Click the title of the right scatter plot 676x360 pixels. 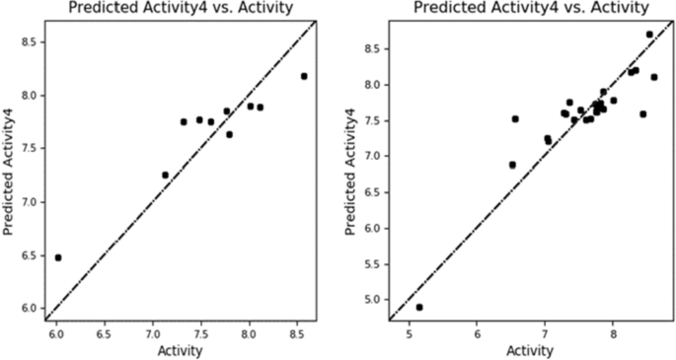[530, 8]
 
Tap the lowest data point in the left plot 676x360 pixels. [57, 257]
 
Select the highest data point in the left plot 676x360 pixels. [304, 76]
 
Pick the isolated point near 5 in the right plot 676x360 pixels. [419, 308]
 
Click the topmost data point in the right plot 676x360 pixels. [649, 35]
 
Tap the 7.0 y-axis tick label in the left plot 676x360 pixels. [27, 202]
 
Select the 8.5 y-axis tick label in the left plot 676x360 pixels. [27, 42]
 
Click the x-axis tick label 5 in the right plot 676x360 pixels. [409, 332]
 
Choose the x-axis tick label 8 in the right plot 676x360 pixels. [613, 332]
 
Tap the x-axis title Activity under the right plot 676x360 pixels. [530, 350]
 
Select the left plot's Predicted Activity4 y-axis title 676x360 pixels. [9, 166]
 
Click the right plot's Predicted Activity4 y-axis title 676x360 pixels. [352, 166]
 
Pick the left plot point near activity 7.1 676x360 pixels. [166, 175]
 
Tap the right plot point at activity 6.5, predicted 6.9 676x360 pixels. [512, 165]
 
